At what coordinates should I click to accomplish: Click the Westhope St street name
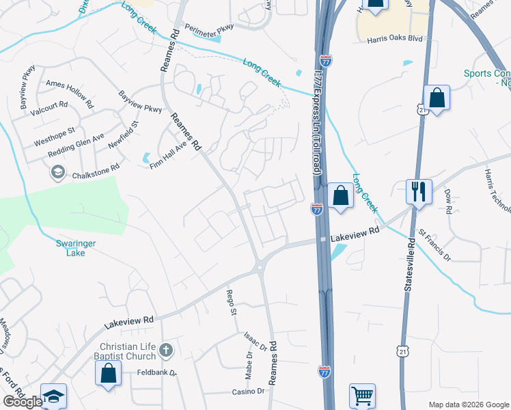[54, 137]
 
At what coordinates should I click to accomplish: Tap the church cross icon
[165, 351]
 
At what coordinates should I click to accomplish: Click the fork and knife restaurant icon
[418, 191]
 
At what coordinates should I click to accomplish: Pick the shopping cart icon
[362, 395]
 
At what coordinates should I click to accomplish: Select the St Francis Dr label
[435, 246]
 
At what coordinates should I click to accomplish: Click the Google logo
[23, 402]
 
